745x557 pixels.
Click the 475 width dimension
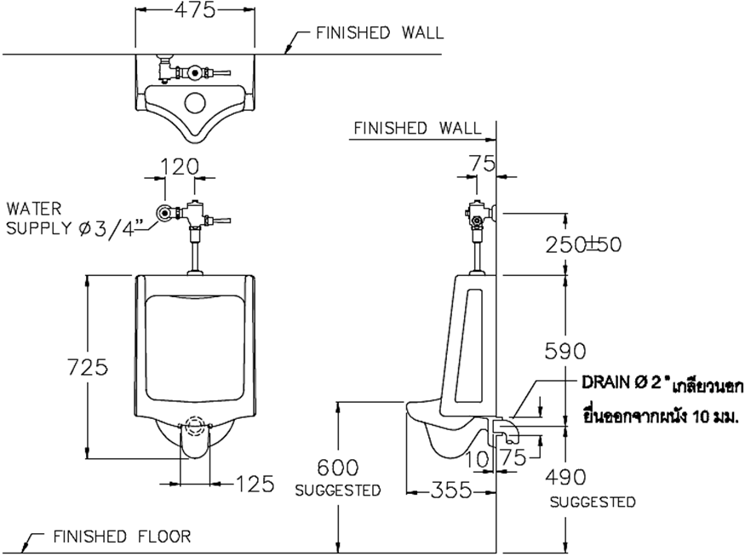point(195,9)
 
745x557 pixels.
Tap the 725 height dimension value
point(88,367)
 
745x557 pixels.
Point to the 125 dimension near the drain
point(254,484)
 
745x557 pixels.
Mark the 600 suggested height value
point(337,468)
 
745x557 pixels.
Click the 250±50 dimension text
point(584,244)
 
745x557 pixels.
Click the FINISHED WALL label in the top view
point(379,33)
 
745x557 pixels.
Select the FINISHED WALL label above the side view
point(417,128)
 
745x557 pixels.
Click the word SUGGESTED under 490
point(592,502)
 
